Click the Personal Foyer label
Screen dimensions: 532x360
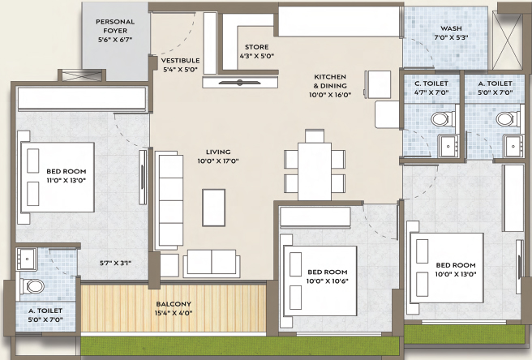(115, 31)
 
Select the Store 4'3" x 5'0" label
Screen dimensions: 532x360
(257, 52)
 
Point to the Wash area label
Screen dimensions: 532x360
(451, 33)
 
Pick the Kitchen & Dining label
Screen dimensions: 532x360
(330, 86)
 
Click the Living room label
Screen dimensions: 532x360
(218, 156)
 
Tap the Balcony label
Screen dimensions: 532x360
(174, 308)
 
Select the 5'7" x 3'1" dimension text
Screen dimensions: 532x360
(115, 263)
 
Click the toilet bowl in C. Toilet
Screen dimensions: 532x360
(440, 119)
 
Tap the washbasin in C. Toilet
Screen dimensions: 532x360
(449, 146)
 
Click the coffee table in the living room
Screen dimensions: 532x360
(214, 208)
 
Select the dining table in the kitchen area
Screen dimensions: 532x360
(315, 171)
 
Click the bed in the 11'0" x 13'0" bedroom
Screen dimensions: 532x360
(56, 177)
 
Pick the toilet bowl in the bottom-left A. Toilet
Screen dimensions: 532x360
(32, 286)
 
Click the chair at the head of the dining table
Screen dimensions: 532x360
(315, 135)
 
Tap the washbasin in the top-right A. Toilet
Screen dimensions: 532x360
(513, 146)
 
